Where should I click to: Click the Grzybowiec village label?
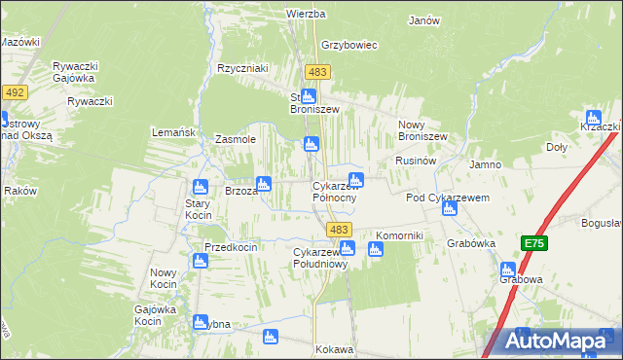(x=348, y=45)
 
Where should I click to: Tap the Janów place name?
(x=424, y=20)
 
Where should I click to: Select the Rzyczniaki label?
(x=242, y=68)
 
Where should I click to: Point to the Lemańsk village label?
(x=175, y=131)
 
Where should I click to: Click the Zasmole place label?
(x=235, y=139)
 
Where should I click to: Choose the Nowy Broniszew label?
(x=422, y=130)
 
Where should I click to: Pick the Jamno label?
(x=485, y=164)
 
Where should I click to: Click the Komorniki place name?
(x=399, y=235)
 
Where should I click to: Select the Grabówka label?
(x=471, y=242)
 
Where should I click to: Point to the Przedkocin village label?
(x=231, y=247)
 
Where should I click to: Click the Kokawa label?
(x=334, y=348)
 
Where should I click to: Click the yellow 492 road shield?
(x=14, y=92)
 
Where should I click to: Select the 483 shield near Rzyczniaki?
(x=317, y=72)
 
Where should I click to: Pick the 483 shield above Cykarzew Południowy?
(x=339, y=229)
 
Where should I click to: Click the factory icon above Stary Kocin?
(x=201, y=187)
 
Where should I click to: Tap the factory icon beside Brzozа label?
(x=263, y=184)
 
